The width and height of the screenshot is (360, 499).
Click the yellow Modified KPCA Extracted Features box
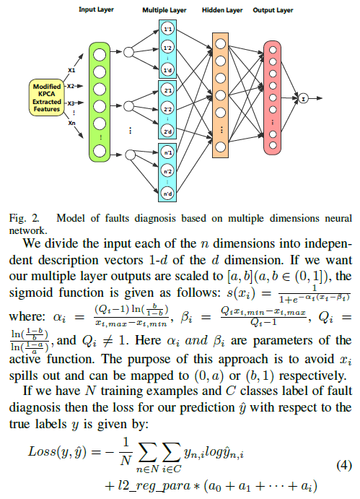(x=47, y=97)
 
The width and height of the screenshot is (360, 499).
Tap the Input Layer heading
(x=96, y=9)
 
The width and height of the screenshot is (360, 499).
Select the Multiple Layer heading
(x=164, y=10)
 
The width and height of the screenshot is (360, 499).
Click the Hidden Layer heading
(x=222, y=10)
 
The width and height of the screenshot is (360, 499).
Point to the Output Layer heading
(x=273, y=10)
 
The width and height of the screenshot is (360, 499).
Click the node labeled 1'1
(x=167, y=30)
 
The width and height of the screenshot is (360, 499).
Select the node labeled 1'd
(x=167, y=70)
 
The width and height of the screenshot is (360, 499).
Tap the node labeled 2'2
(x=167, y=109)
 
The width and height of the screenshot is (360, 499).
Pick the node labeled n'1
(x=167, y=153)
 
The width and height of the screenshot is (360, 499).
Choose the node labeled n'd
(x=167, y=193)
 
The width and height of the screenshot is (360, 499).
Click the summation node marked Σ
(x=304, y=99)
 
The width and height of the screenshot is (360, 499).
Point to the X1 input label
(x=71, y=70)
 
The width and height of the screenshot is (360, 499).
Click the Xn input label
(x=72, y=123)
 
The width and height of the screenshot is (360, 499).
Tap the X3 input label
(x=71, y=103)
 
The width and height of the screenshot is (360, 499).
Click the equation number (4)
(x=344, y=465)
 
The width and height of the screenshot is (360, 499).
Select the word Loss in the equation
(x=42, y=451)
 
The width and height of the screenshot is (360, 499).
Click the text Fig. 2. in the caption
(x=25, y=218)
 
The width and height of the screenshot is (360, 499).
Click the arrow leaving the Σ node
(x=315, y=99)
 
